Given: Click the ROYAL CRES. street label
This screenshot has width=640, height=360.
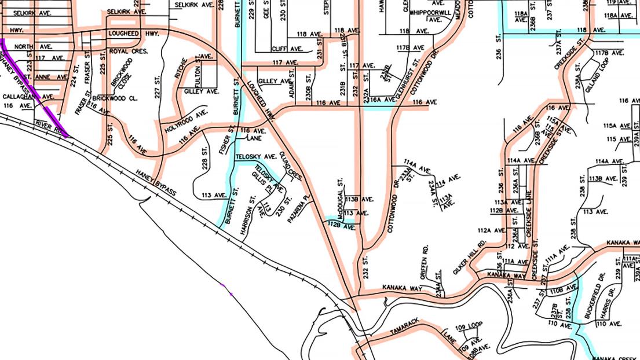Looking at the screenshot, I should (x=129, y=52).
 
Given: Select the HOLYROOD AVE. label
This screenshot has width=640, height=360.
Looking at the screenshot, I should (x=185, y=122).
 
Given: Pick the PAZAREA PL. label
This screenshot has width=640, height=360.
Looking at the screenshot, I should (x=302, y=212).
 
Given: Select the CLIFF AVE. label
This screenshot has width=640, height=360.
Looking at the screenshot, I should (x=288, y=49).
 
